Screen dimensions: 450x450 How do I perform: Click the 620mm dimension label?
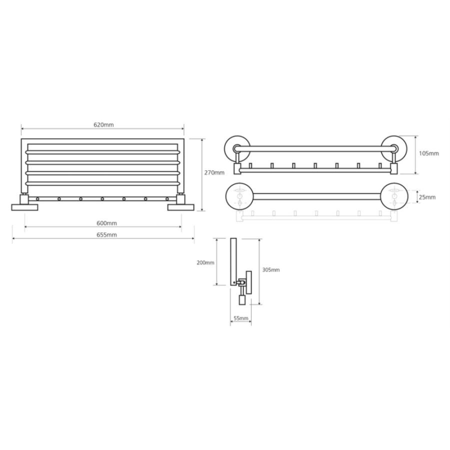click(103, 125)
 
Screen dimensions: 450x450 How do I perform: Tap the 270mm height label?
click(214, 172)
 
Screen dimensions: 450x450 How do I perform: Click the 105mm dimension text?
click(429, 153)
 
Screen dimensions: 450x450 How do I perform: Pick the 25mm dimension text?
click(427, 197)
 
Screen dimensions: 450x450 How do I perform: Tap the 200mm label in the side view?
click(205, 262)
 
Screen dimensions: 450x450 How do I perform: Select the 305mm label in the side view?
click(270, 270)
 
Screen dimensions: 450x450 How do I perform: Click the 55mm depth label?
click(241, 318)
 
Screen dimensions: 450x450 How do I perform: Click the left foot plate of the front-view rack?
click(24, 207)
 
